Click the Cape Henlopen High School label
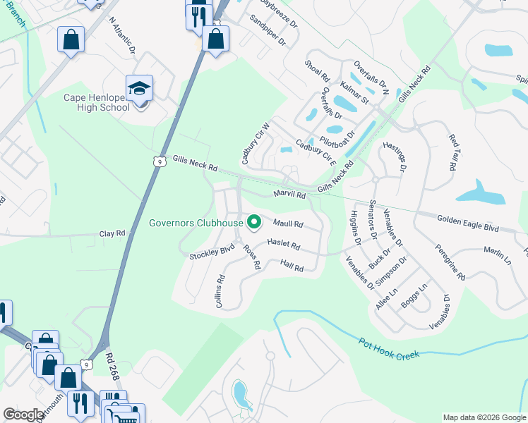click(x=97, y=103)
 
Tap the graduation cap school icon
click(x=140, y=88)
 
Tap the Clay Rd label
click(x=112, y=233)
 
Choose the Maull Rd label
click(x=288, y=224)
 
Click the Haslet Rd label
click(x=284, y=245)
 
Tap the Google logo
click(x=24, y=415)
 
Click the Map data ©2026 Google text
click(x=484, y=417)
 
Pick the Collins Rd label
click(x=220, y=289)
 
